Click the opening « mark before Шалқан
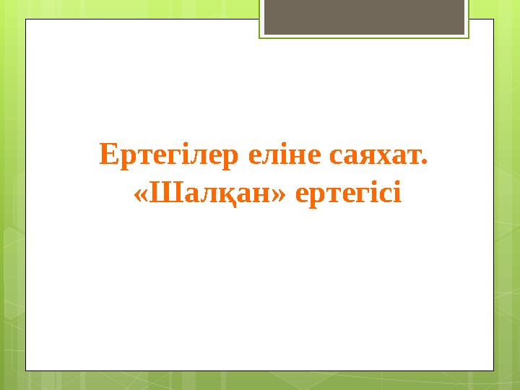[x=142, y=195]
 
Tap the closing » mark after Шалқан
[x=282, y=195]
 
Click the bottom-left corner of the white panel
[x=27, y=370]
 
